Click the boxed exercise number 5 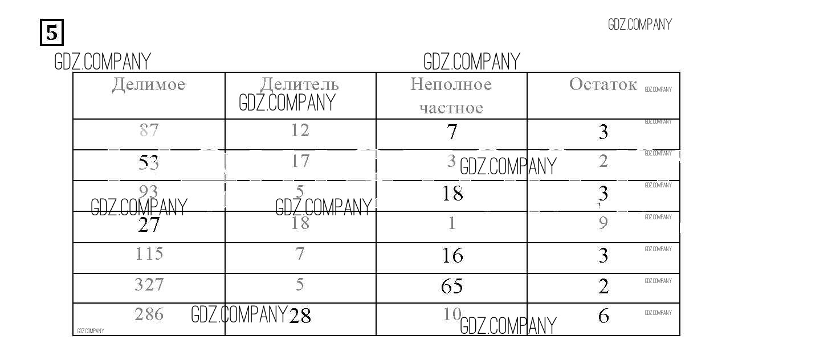(51, 32)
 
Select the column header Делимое (149, 85)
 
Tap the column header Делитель (300, 85)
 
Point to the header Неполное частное (451, 96)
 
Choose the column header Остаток (603, 85)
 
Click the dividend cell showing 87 (149, 130)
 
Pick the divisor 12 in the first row (300, 130)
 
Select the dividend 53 (149, 163)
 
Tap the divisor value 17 (300, 161)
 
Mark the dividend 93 (149, 191)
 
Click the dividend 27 (149, 225)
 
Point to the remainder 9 (603, 223)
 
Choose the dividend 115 (149, 253)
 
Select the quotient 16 (452, 256)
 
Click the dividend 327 (149, 284)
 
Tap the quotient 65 (452, 286)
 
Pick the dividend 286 (149, 314)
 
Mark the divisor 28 (300, 316)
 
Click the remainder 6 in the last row (603, 316)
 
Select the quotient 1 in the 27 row (452, 223)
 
